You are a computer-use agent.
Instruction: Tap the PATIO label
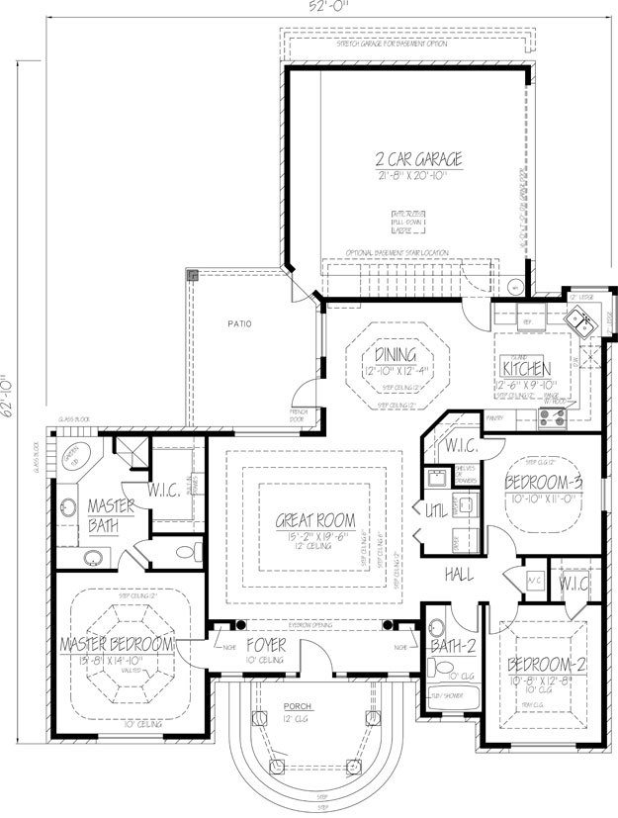pyautogui.click(x=235, y=323)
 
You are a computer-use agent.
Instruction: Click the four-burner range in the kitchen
pyautogui.click(x=550, y=420)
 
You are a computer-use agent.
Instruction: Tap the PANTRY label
pyautogui.click(x=494, y=420)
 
